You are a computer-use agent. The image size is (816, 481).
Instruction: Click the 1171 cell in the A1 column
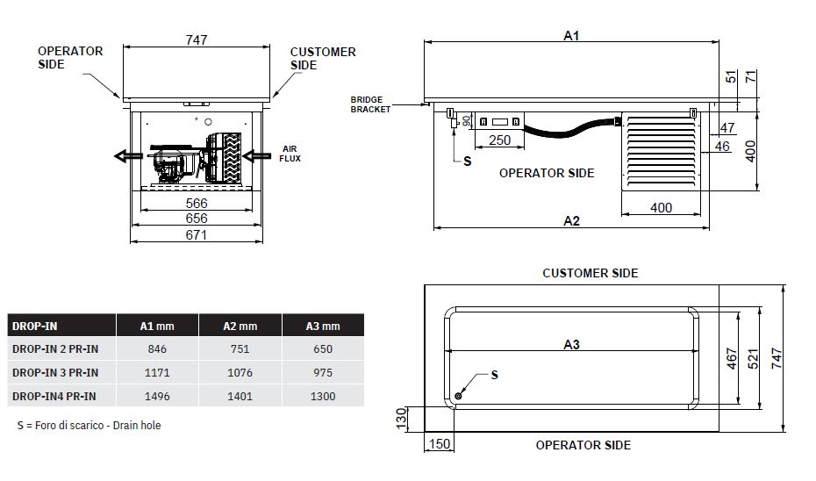coord(157,373)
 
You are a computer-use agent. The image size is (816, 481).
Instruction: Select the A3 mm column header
coord(323,327)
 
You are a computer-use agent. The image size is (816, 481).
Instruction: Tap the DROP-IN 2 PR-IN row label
coord(55,349)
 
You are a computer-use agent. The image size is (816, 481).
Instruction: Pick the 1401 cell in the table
coord(240,397)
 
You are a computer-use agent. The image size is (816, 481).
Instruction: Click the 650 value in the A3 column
coord(323,349)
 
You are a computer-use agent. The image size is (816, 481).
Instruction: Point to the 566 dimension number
coord(197,203)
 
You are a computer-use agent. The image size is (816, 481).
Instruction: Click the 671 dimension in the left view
coord(197,235)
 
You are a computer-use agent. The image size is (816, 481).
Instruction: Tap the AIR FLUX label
coord(290,154)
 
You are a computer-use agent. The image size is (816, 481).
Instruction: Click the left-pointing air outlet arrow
coord(128,155)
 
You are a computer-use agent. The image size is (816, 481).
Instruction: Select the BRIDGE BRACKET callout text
coord(370,104)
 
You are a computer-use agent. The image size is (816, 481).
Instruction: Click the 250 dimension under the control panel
coord(499,140)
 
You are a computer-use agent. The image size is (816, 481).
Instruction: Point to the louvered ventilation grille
coord(662,151)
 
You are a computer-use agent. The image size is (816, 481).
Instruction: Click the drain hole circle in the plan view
coord(458,396)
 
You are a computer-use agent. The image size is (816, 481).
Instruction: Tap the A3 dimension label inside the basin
coord(571,345)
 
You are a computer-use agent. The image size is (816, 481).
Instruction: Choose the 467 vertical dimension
coord(732,359)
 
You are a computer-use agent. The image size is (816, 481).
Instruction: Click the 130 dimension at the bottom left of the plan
coord(401,419)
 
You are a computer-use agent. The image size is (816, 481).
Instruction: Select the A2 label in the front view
coord(571,221)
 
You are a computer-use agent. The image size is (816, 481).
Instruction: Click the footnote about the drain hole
coord(89,426)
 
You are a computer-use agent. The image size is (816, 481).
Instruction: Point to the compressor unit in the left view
coord(175,162)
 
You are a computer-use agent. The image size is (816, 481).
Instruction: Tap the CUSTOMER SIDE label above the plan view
coord(591,273)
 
